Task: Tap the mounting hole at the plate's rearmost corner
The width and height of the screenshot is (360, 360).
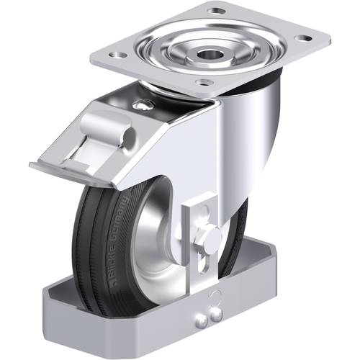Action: point(215,12)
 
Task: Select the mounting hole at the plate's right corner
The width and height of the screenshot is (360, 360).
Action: point(302,38)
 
